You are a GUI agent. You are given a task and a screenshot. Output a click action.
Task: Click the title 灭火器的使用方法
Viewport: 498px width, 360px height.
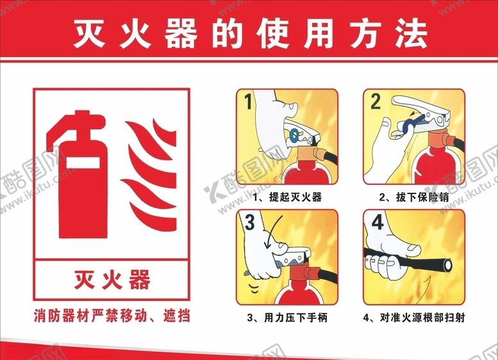click(249, 33)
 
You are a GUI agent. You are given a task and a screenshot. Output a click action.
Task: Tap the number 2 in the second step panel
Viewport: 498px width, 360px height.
click(376, 101)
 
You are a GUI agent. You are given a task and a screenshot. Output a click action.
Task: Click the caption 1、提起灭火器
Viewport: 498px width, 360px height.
click(288, 197)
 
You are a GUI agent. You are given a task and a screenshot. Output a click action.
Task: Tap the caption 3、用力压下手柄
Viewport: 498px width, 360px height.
click(287, 317)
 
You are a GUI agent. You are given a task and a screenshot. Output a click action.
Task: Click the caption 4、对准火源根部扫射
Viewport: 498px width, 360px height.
click(414, 317)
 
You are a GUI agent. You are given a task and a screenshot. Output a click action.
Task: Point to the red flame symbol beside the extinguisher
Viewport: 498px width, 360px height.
click(149, 170)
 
